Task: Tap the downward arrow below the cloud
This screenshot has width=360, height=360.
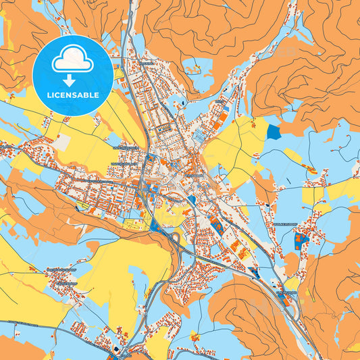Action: coord(72,80)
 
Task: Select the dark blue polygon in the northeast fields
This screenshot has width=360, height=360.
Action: coord(274,132)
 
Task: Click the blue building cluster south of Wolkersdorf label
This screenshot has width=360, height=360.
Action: coord(301,238)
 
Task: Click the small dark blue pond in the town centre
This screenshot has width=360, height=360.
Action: coord(192,200)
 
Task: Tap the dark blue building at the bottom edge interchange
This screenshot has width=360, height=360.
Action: coord(119,349)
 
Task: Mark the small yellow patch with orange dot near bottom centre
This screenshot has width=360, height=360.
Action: coord(195,336)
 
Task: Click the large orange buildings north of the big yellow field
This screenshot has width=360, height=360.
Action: coord(222,118)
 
